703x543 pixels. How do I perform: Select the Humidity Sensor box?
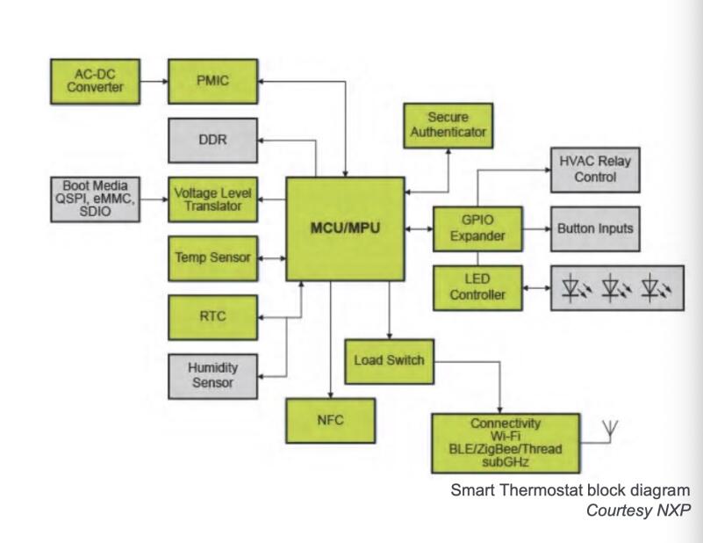(201, 374)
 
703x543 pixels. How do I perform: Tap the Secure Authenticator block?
(444, 125)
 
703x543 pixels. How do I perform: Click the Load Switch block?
(389, 361)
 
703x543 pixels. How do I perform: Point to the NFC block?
(330, 420)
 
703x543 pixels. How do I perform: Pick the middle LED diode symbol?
(612, 287)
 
